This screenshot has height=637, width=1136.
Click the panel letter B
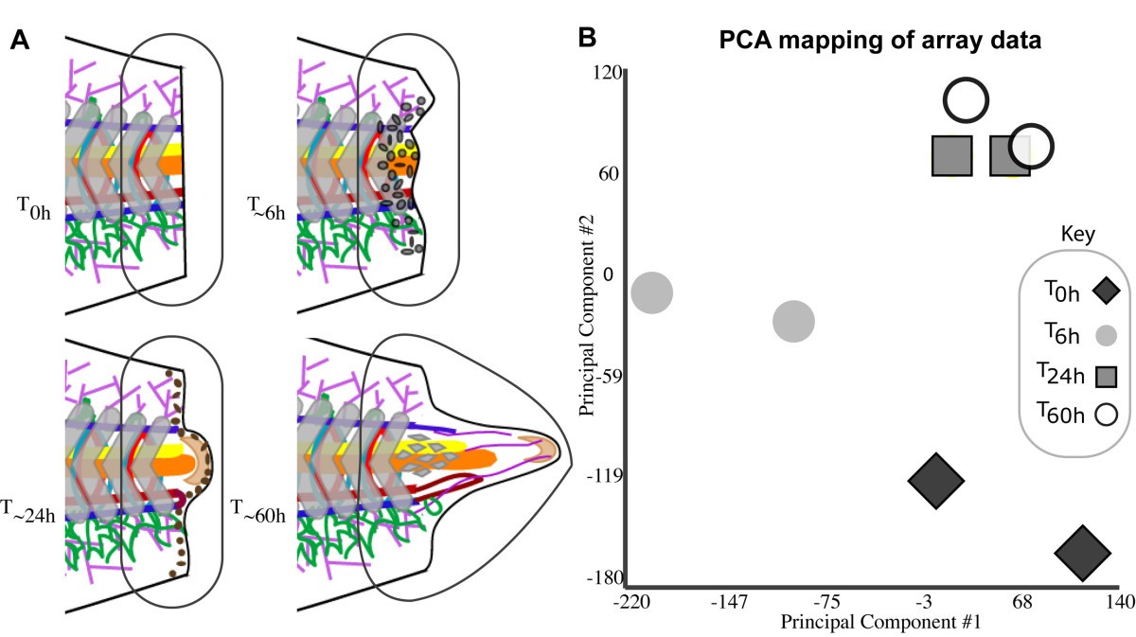(587, 38)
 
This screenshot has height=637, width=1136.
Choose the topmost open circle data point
(966, 101)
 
